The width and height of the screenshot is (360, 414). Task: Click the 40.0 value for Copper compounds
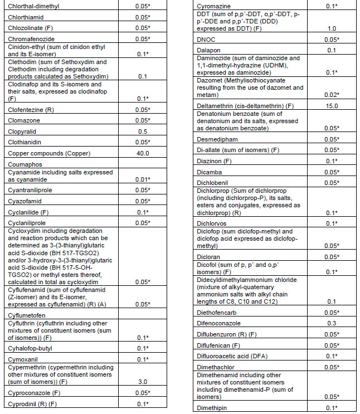pos(142,153)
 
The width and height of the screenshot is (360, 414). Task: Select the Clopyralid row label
pos(23,131)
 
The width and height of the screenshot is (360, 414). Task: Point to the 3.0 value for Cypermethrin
pos(142,382)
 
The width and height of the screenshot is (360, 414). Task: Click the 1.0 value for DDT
pos(333,28)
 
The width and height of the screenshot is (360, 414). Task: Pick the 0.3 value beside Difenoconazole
pos(333,323)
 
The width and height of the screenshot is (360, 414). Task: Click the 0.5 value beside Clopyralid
pos(142,131)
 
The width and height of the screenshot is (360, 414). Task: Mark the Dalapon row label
pos(207,51)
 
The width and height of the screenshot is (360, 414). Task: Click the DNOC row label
pos(206,40)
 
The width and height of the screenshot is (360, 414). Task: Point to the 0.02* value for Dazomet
pos(333,95)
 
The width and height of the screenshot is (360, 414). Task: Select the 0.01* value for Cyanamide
pos(142,179)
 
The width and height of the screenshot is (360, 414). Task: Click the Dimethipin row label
pos(212,408)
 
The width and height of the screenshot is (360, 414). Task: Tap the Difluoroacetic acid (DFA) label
pos(228,355)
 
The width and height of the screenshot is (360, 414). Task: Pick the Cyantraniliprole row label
pos(31,190)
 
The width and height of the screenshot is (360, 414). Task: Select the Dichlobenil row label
pos(213,182)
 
